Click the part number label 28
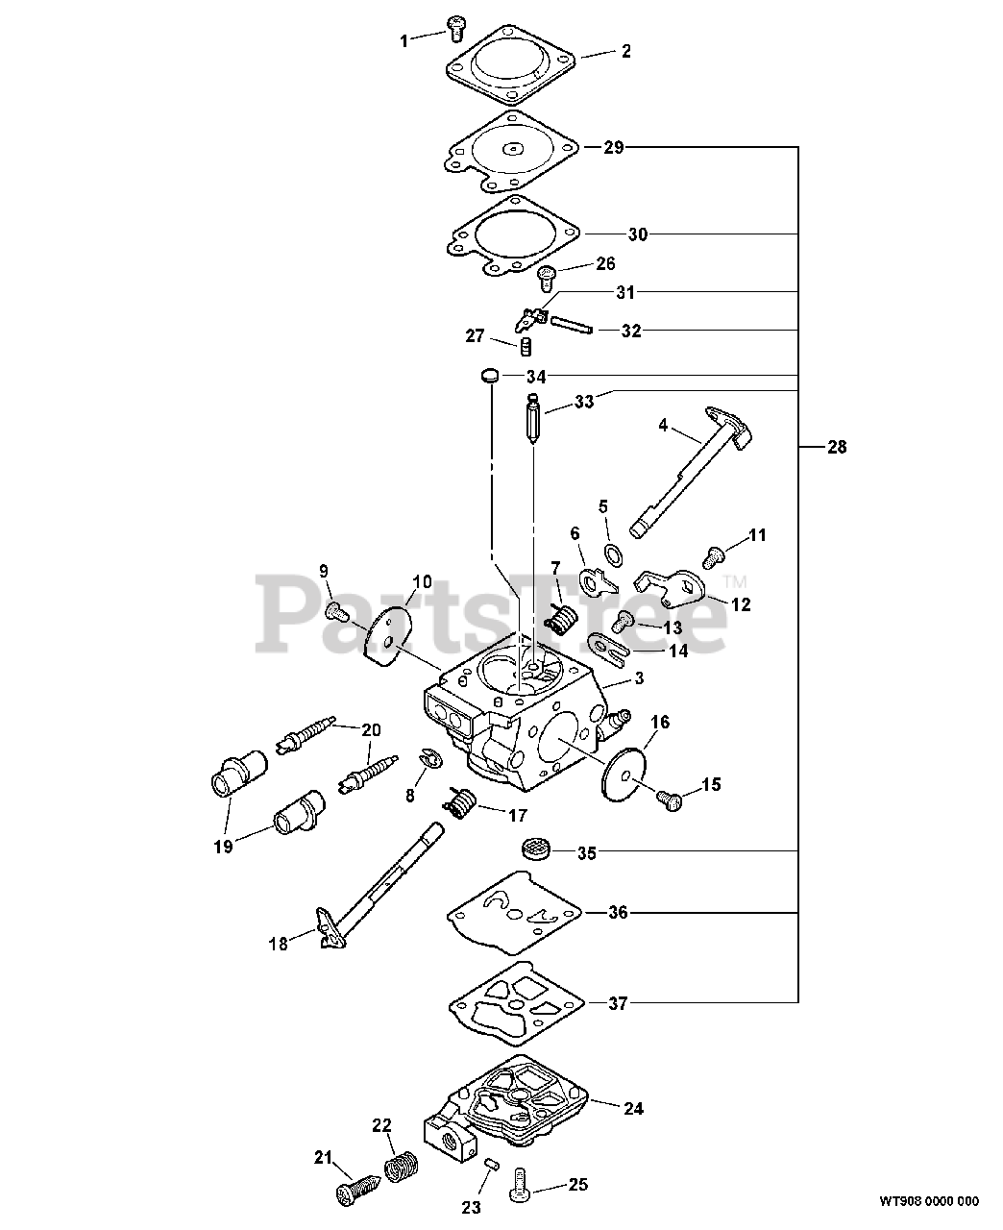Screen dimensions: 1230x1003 tap(837, 447)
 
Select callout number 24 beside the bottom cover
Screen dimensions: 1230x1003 tap(632, 1108)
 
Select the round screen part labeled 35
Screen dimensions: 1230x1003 tap(534, 850)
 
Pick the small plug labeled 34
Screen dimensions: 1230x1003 tap(489, 375)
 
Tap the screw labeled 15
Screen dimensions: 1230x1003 tap(669, 798)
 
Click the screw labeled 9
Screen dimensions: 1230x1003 tap(336, 609)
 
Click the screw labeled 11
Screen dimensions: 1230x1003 tap(714, 554)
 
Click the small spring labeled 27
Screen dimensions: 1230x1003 tap(526, 346)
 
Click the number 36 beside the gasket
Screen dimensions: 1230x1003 tap(618, 912)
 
